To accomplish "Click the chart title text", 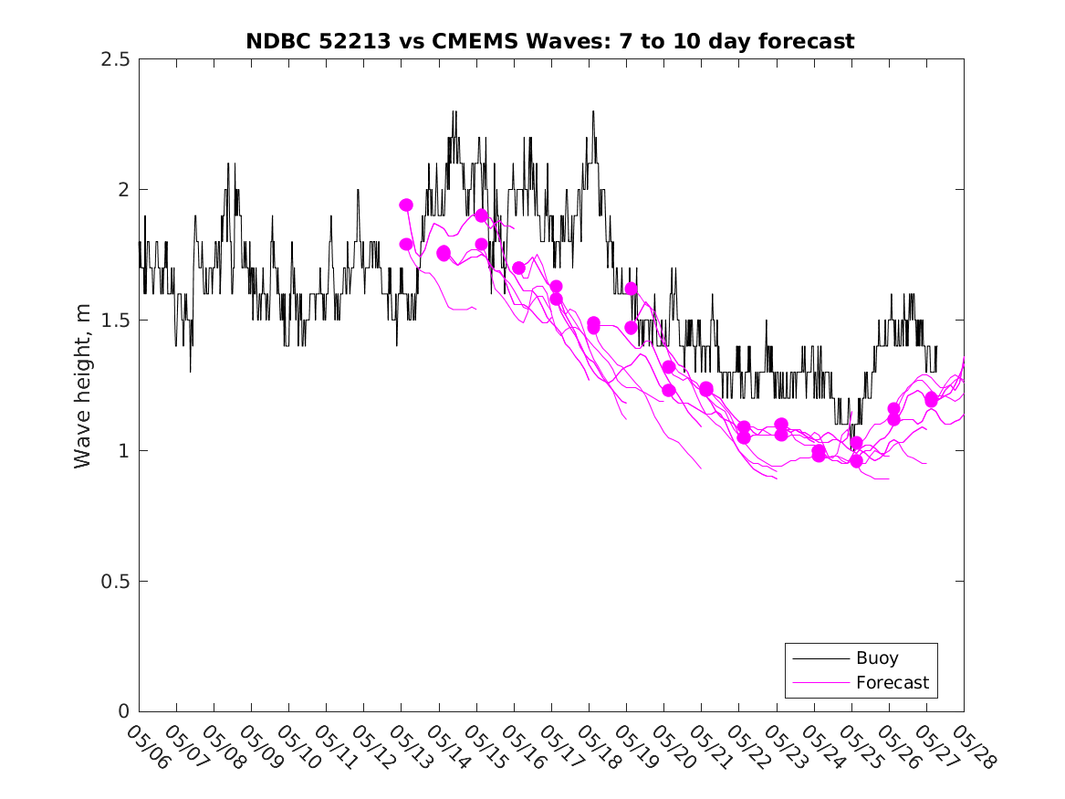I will [550, 41].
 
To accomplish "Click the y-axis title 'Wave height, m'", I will [83, 385].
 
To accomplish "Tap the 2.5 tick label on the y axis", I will [115, 59].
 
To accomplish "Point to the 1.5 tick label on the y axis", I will [115, 321].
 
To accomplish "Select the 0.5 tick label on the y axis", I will [115, 582].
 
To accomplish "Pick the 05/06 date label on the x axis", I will [148, 748].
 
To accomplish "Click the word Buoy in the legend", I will [877, 658].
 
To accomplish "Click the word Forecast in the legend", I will [892, 682].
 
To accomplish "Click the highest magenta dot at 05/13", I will [406, 205].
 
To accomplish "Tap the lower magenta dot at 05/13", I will [406, 244].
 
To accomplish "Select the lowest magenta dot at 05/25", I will [856, 460].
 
